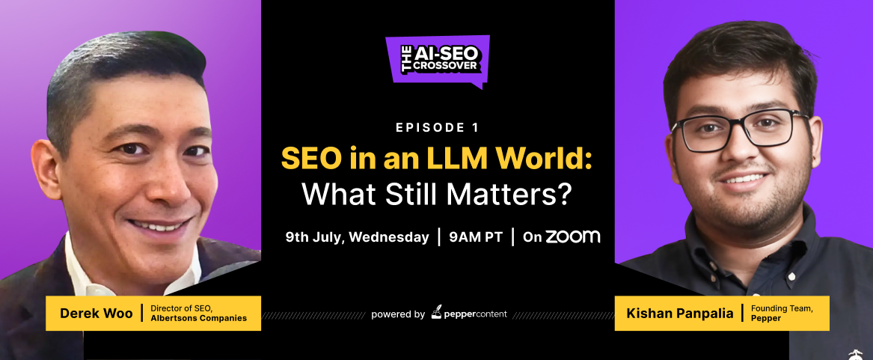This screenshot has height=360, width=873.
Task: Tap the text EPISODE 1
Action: pyautogui.click(x=437, y=128)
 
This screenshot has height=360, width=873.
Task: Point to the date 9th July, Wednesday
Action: pyautogui.click(x=357, y=237)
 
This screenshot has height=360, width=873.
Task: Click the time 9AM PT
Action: pyautogui.click(x=476, y=237)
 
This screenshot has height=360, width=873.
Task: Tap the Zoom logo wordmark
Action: pyautogui.click(x=572, y=237)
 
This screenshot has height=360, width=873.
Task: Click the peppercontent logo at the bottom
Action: pyautogui.click(x=469, y=313)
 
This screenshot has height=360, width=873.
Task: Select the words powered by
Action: pyautogui.click(x=398, y=314)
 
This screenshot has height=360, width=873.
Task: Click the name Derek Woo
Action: pyautogui.click(x=97, y=313)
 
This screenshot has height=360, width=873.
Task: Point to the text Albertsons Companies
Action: pyautogui.click(x=199, y=318)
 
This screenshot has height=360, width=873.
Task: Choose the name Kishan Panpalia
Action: pyautogui.click(x=679, y=313)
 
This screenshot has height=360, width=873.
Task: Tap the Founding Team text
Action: pyautogui.click(x=782, y=308)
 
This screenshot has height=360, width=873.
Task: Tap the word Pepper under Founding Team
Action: pyautogui.click(x=765, y=319)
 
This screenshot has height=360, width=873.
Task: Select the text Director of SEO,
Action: pyautogui.click(x=182, y=308)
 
